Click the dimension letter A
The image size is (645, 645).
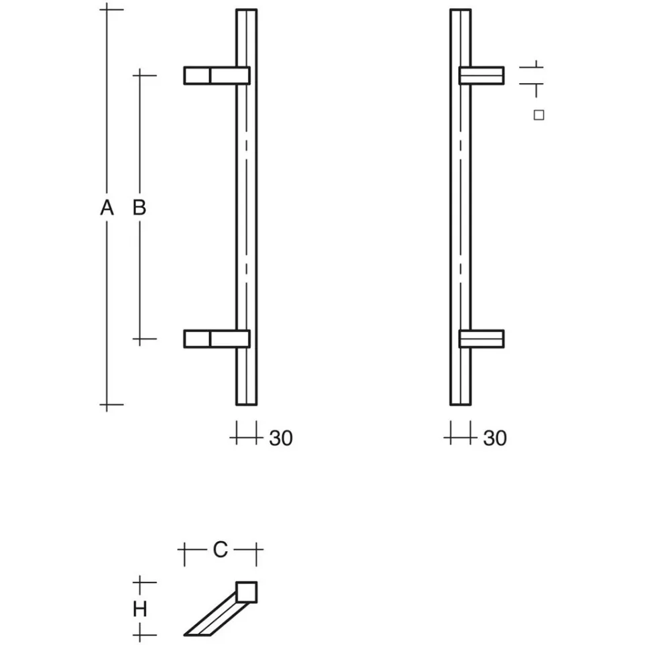(107, 208)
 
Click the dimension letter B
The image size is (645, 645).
(139, 208)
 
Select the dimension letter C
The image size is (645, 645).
(220, 549)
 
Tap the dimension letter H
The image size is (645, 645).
(140, 609)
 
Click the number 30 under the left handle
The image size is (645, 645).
(281, 438)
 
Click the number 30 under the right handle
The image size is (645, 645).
(495, 438)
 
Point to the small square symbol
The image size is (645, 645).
(539, 115)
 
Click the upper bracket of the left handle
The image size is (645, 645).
(217, 76)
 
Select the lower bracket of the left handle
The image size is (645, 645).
(217, 339)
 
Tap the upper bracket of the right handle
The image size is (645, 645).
(481, 76)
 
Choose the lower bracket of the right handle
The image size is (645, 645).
(481, 339)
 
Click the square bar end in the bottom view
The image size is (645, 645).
(247, 592)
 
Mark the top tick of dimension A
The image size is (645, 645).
(107, 9)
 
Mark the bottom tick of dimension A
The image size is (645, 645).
(107, 405)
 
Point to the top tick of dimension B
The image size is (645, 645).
(140, 76)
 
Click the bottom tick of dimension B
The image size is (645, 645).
(140, 339)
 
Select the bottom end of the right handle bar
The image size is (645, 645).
(461, 404)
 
